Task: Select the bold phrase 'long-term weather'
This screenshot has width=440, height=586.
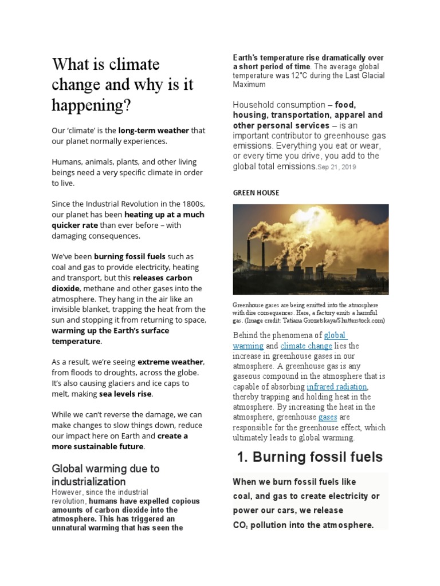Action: tap(154, 130)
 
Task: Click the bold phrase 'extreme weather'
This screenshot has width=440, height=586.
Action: tap(170, 362)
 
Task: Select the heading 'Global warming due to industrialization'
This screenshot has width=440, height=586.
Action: tap(105, 474)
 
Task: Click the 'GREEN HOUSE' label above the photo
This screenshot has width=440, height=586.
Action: tap(256, 193)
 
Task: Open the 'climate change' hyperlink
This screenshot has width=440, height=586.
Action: tap(307, 346)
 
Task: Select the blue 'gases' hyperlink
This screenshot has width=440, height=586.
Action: tap(327, 417)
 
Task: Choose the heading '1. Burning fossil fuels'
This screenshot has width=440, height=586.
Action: tap(310, 457)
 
